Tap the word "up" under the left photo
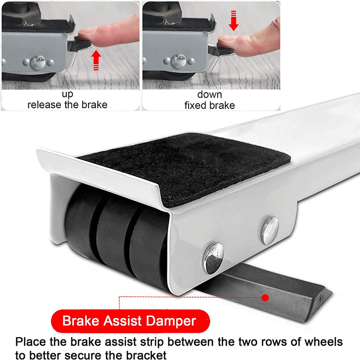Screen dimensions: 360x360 67,95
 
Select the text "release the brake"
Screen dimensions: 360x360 67,105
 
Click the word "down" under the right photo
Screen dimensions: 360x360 209,95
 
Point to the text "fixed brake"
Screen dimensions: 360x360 209,105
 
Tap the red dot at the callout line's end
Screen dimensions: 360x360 265,297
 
